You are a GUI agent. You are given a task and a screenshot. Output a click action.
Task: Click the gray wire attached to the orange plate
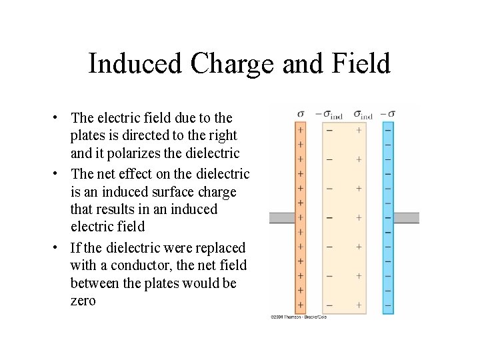(281, 218)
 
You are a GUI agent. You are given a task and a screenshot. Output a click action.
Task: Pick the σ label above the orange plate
(301, 113)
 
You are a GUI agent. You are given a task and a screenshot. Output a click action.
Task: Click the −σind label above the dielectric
(329, 114)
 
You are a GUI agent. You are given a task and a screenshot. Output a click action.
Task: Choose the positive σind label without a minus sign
(363, 114)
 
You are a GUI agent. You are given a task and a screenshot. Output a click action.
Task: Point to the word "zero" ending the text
(83, 301)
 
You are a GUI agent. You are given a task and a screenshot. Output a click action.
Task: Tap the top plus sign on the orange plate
(301, 130)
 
